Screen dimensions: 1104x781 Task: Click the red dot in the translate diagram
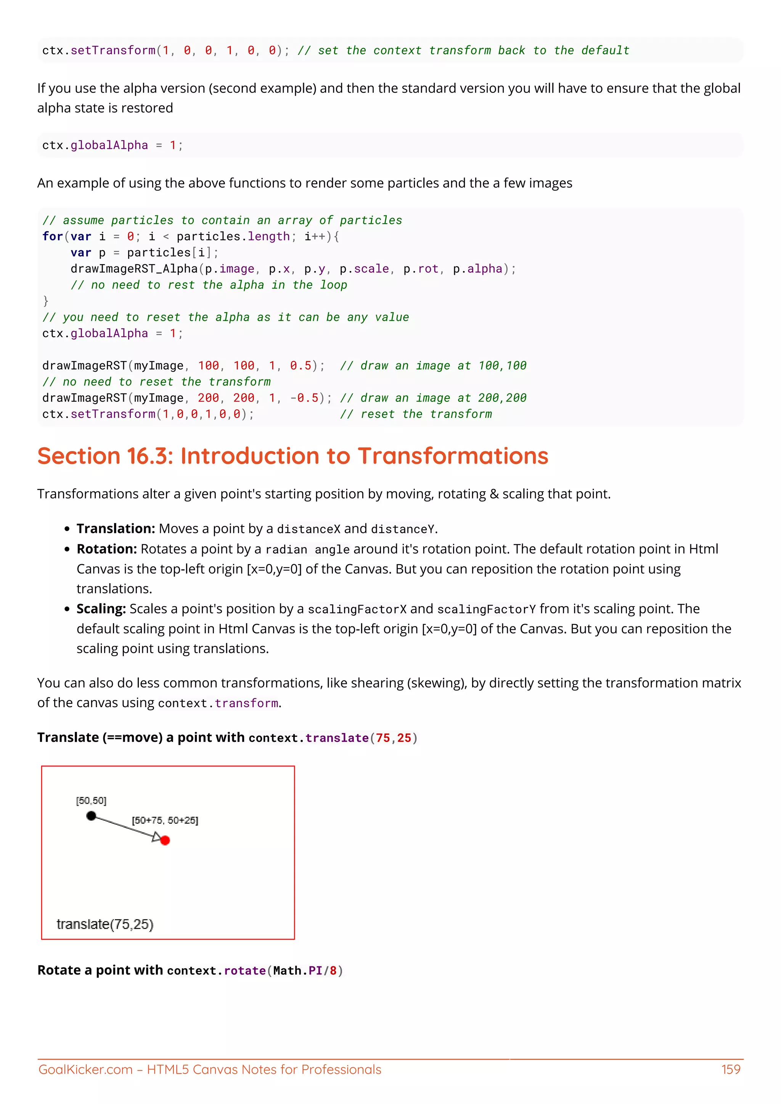coord(165,841)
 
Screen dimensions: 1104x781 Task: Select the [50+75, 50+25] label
coord(165,820)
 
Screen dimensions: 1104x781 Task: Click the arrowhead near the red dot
coord(156,838)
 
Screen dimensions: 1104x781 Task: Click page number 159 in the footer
coord(731,1069)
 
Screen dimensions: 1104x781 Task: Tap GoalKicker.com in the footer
coord(85,1069)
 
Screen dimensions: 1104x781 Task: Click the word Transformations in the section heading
coord(453,456)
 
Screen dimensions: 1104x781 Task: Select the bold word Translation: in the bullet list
coord(116,528)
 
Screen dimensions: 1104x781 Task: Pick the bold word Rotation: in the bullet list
coord(107,549)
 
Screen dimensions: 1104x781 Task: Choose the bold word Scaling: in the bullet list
coord(101,609)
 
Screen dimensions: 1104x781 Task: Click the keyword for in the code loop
coord(52,237)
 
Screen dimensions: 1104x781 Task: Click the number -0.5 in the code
coord(304,398)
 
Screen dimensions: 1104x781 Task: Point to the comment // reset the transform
coord(416,414)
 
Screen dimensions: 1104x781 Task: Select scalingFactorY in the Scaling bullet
coord(486,609)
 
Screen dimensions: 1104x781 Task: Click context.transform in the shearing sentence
coord(218,703)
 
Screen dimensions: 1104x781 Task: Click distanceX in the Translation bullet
coord(308,529)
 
